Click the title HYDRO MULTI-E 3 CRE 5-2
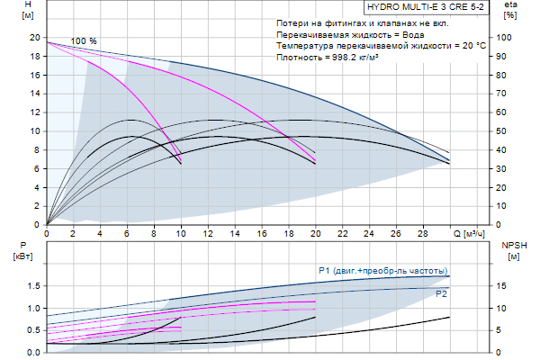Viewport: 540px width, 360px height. coord(426,6)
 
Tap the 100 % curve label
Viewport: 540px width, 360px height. coord(84,41)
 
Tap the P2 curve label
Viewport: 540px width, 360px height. coord(441,294)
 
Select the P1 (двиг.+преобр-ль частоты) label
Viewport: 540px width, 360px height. coord(382,270)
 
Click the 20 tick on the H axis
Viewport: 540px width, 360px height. coord(34,38)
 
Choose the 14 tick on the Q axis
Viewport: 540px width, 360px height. coord(234,233)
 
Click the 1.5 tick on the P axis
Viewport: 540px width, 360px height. coord(32,286)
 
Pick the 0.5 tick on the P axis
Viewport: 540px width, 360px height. coord(32,330)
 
